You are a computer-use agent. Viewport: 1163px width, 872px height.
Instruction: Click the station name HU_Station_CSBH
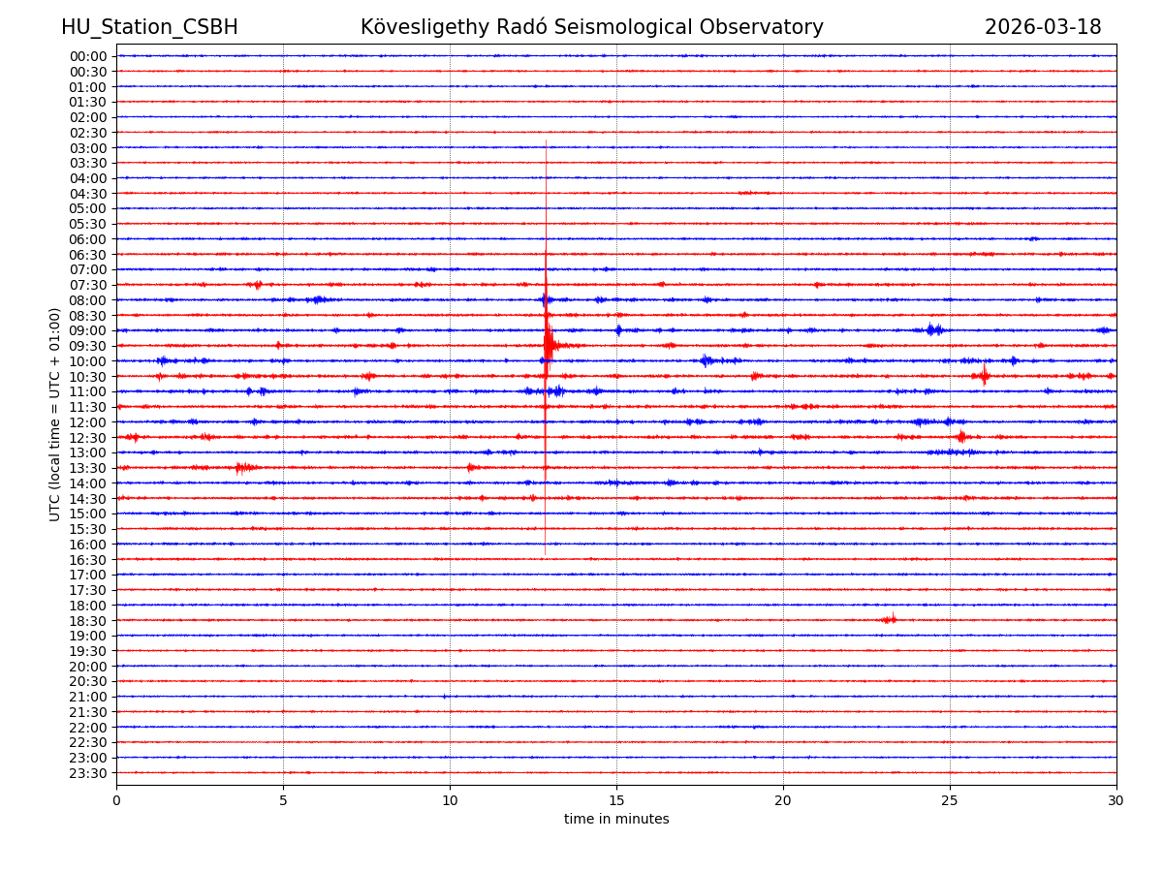pyautogui.click(x=149, y=27)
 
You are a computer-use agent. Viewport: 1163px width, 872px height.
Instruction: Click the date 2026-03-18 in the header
pyautogui.click(x=1043, y=27)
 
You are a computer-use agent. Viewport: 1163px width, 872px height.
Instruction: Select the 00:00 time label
pyautogui.click(x=88, y=56)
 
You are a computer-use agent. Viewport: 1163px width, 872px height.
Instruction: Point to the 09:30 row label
pyautogui.click(x=88, y=346)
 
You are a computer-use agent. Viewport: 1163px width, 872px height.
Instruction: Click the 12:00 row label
pyautogui.click(x=88, y=422)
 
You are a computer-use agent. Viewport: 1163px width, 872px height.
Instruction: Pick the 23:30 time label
pyautogui.click(x=88, y=773)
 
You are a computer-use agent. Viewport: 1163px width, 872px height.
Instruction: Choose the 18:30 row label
pyautogui.click(x=88, y=621)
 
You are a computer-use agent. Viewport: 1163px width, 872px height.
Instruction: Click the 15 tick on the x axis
pyautogui.click(x=616, y=800)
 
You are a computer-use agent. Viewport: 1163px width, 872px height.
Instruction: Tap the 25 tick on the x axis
pyautogui.click(x=950, y=800)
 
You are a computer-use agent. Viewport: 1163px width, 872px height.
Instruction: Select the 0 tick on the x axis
pyautogui.click(x=116, y=800)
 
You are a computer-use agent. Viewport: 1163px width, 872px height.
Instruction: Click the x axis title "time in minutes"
pyautogui.click(x=616, y=819)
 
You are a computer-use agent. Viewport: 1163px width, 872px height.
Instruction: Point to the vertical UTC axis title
pyautogui.click(x=55, y=414)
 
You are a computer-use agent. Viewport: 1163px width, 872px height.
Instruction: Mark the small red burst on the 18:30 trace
pyautogui.click(x=889, y=619)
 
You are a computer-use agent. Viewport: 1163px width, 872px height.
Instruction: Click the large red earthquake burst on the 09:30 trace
pyautogui.click(x=550, y=345)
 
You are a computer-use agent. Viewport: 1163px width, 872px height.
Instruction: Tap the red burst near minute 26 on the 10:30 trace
pyautogui.click(x=984, y=375)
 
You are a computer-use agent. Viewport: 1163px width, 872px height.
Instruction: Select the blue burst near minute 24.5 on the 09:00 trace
pyautogui.click(x=932, y=329)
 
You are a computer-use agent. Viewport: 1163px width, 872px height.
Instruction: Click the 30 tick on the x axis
pyautogui.click(x=1116, y=800)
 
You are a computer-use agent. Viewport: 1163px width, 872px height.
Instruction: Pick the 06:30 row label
pyautogui.click(x=88, y=255)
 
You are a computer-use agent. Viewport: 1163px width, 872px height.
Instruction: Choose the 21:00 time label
pyautogui.click(x=88, y=698)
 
